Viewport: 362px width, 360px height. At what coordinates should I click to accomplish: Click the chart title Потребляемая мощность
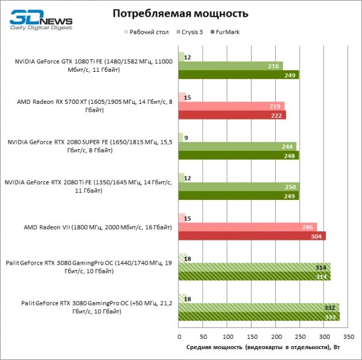180,13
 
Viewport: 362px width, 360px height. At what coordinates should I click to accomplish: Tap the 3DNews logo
40,21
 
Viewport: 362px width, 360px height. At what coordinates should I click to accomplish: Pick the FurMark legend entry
227,32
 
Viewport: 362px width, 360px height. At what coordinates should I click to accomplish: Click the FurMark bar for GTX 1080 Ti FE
239,74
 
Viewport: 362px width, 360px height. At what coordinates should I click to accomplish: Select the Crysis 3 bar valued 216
230,65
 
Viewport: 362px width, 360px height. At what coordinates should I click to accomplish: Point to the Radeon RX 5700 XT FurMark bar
232,115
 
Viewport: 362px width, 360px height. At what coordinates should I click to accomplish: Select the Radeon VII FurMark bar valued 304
252,236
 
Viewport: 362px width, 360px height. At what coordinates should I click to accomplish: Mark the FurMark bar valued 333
259,316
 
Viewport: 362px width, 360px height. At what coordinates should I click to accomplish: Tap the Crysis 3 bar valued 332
259,307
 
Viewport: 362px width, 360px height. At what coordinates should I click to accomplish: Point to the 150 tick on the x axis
252,336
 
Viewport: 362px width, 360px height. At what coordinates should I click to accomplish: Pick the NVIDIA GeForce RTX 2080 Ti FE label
88,186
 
